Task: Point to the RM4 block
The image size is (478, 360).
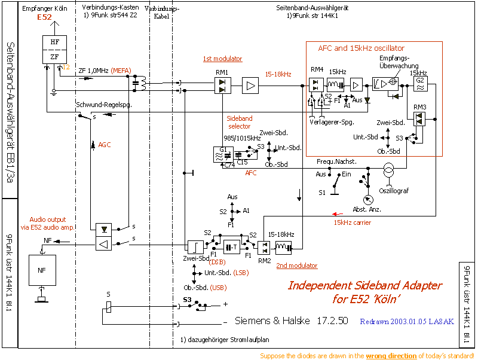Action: [x=315, y=84]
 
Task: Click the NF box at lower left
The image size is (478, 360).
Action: [x=41, y=270]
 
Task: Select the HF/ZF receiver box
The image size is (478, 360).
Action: [x=54, y=48]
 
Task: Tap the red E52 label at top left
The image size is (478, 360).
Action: [x=45, y=18]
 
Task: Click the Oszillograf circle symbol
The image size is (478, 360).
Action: [x=388, y=171]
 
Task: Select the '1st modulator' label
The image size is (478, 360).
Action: [x=222, y=59]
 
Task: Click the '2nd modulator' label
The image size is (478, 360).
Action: [x=296, y=266]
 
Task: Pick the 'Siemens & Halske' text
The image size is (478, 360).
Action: [x=272, y=321]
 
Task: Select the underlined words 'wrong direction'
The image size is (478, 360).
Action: [x=391, y=356]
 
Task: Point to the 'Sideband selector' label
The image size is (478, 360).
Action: [x=239, y=123]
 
